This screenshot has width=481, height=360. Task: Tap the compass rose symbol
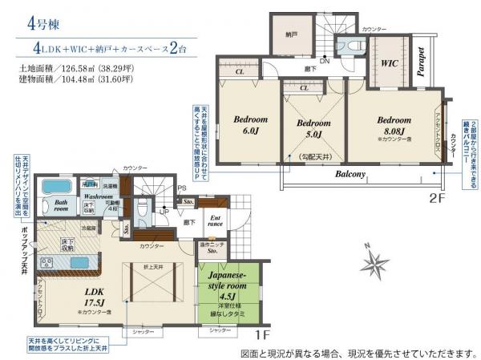pos(374,263)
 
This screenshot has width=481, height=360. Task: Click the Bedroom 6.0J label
pos(250,124)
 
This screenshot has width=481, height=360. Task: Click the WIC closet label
pos(390,62)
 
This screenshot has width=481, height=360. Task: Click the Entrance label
pos(216,220)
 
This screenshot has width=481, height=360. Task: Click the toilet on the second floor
pos(348,45)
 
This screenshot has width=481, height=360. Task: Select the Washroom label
pos(97,195)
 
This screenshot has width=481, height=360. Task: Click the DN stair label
pos(324,62)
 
